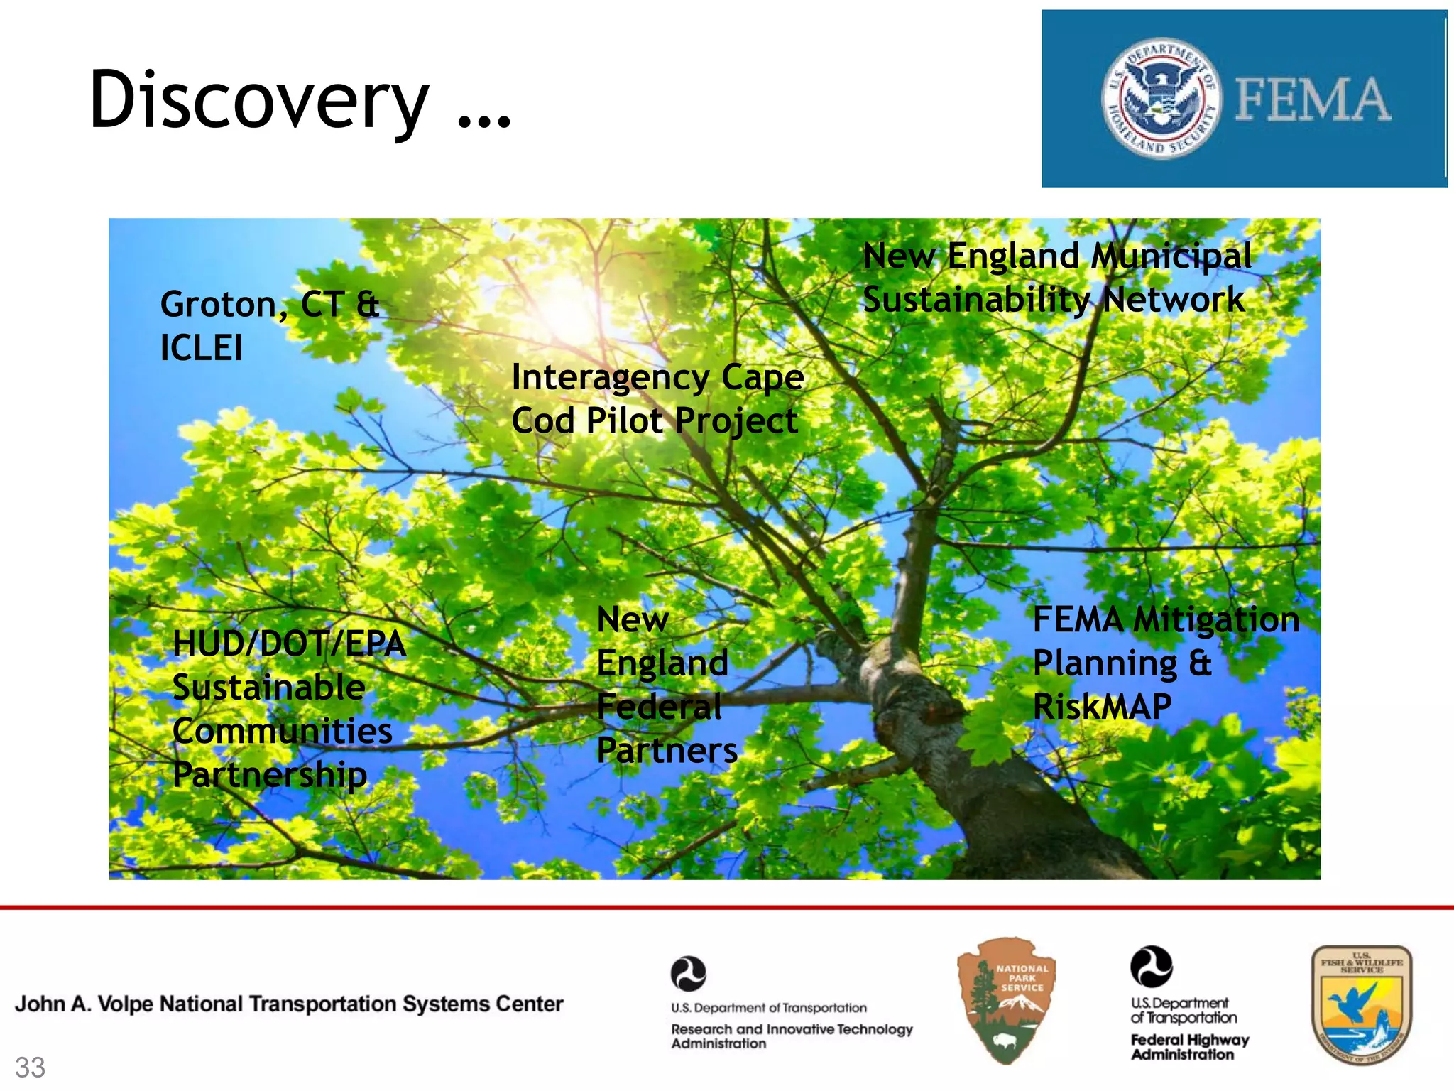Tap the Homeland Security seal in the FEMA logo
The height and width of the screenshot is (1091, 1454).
tap(1161, 98)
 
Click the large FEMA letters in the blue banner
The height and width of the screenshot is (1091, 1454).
tap(1313, 99)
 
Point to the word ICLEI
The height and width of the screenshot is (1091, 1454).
tap(202, 349)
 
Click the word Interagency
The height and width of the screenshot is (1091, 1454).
tap(610, 377)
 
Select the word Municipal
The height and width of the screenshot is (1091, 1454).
tap(1171, 256)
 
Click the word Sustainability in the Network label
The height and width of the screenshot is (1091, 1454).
tap(976, 300)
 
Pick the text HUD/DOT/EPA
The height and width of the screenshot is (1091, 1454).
tap(289, 644)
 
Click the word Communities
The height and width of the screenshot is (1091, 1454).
tap(282, 732)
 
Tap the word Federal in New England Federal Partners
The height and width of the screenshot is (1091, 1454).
tap(659, 707)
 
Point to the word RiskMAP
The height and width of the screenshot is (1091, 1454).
tap(1102, 707)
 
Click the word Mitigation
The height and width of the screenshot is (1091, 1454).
tap(1215, 619)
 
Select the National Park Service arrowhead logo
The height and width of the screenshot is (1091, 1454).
tap(1006, 1000)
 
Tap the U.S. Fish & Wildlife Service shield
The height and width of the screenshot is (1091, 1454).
tap(1360, 1004)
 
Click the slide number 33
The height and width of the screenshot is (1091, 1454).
tap(30, 1068)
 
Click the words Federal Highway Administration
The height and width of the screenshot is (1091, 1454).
tap(1189, 1047)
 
